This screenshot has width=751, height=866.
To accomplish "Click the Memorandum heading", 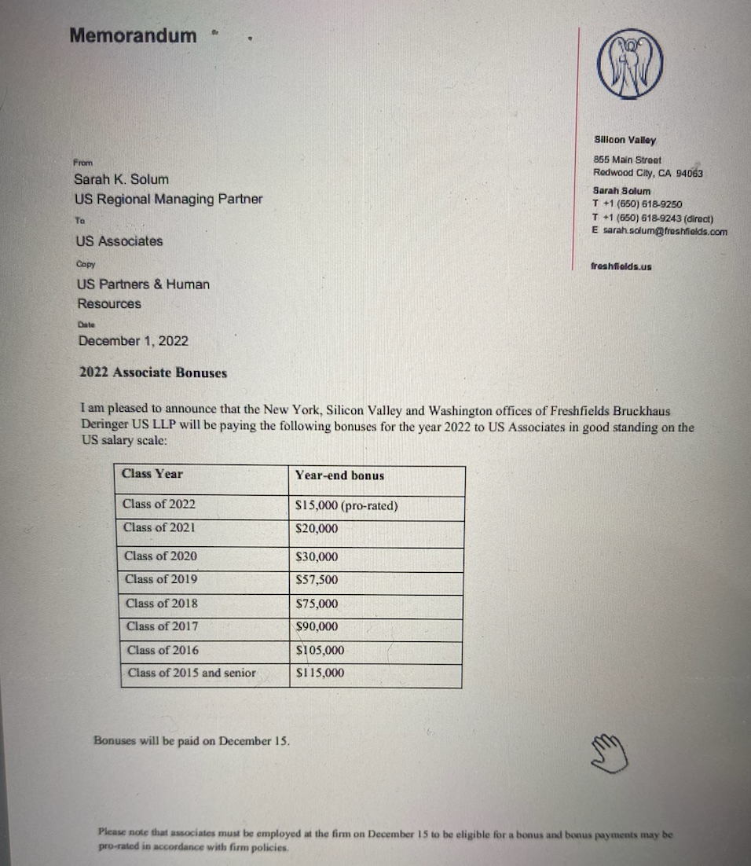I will (x=133, y=35).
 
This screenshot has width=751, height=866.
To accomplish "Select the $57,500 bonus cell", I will (x=317, y=580).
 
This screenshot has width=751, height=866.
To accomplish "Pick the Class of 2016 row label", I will (x=163, y=650).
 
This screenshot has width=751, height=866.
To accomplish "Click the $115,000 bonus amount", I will (x=320, y=673).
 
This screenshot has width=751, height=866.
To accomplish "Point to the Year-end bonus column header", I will (x=339, y=475).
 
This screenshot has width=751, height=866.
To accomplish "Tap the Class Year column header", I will (x=152, y=473).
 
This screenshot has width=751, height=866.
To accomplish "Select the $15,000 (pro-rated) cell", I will (x=346, y=505).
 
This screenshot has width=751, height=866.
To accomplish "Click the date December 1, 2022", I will (x=133, y=341).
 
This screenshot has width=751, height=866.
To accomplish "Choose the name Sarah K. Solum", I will (x=121, y=179).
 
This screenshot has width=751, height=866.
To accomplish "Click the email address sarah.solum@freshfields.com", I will (x=665, y=231).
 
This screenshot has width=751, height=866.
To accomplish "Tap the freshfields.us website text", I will (x=621, y=266).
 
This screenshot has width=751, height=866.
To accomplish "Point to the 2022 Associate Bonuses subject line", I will (x=153, y=372).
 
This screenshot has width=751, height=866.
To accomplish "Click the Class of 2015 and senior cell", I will (x=191, y=673).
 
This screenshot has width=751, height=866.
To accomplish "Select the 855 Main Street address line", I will (x=627, y=160).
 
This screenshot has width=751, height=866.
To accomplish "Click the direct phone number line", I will (x=652, y=218).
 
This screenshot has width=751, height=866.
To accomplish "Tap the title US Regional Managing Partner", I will (x=169, y=199).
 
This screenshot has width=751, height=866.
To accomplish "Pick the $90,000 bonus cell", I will (x=317, y=626).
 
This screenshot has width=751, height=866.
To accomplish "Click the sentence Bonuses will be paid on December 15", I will (x=192, y=740).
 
